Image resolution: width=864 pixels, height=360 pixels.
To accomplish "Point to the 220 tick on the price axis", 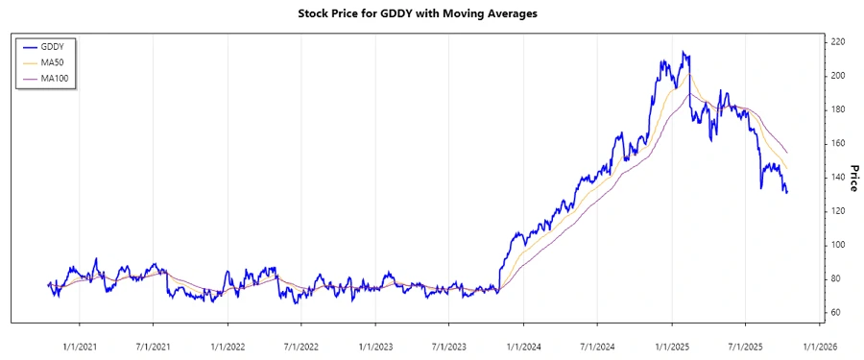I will [837, 42].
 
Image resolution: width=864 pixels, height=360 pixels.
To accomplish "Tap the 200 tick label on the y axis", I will [837, 76].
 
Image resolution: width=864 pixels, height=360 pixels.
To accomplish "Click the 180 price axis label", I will [837, 109].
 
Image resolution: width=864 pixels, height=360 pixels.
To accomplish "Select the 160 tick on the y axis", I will [837, 143].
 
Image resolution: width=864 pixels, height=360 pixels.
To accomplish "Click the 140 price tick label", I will [837, 177].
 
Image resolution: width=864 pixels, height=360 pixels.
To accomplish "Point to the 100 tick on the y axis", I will [837, 245].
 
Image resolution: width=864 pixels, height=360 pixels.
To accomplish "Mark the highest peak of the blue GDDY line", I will [683, 52].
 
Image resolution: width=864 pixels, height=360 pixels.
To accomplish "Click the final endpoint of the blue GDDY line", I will [787, 193].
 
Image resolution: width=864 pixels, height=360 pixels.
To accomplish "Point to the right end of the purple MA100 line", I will [787, 153].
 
